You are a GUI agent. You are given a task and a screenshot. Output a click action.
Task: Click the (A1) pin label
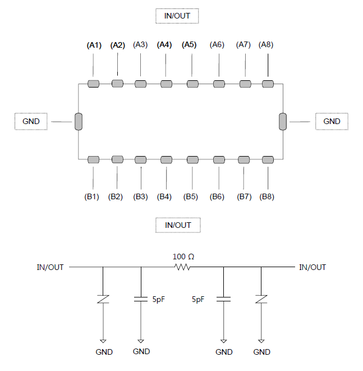click(94, 45)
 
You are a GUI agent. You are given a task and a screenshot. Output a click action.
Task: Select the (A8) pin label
click(266, 44)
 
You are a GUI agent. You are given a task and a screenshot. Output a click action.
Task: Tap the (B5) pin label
click(191, 196)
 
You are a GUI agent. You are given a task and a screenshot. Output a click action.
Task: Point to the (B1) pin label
click(91, 196)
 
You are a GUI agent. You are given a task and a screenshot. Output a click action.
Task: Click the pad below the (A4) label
click(166, 84)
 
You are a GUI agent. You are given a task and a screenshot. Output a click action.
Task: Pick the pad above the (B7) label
click(244, 160)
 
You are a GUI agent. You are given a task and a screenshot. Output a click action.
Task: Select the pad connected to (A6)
click(219, 84)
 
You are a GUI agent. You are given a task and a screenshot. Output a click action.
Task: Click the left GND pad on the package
click(79, 122)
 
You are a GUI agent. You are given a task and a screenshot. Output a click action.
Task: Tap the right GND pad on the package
click(283, 122)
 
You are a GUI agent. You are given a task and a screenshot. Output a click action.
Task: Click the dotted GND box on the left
click(31, 121)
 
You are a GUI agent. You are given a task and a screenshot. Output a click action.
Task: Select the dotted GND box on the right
click(332, 121)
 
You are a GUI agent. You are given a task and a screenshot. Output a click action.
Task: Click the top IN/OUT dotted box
click(177, 16)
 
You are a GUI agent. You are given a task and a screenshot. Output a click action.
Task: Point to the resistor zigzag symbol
click(182, 267)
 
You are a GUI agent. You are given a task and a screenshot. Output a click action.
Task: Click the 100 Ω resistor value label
click(183, 257)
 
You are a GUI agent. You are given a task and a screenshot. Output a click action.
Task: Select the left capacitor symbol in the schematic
click(141, 299)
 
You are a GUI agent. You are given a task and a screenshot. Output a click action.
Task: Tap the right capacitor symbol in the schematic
click(223, 299)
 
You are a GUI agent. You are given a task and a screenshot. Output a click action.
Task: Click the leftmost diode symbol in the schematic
click(103, 299)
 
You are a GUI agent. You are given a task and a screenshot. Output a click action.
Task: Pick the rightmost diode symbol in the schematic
click(261, 299)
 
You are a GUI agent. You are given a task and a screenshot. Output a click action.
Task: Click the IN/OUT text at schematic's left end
click(50, 267)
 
